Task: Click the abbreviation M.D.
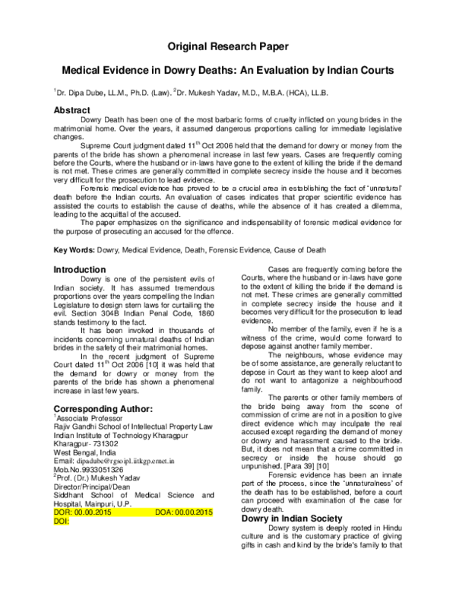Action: (x=249, y=93)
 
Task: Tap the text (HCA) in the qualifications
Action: (x=297, y=93)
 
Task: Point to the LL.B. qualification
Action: (x=319, y=93)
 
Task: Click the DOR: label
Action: (x=62, y=512)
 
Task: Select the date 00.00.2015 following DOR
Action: (x=93, y=512)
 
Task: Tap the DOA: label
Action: (x=164, y=512)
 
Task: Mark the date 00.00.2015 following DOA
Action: (x=194, y=512)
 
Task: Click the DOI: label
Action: (x=61, y=522)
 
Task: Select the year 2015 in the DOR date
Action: (x=103, y=512)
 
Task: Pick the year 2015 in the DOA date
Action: (x=204, y=512)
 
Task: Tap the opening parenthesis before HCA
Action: (x=287, y=93)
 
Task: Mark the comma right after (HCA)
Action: (x=309, y=94)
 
